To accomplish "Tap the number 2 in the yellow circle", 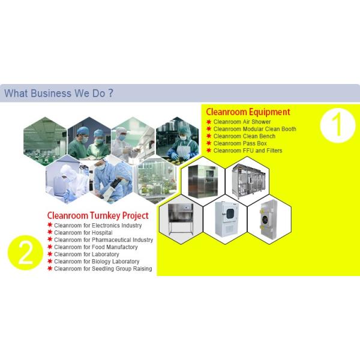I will click(x=25, y=253).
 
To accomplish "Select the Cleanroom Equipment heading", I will click(x=248, y=112).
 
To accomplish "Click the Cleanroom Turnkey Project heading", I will click(x=97, y=215).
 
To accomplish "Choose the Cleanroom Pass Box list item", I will click(x=240, y=143).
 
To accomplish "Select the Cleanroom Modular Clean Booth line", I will click(x=254, y=129).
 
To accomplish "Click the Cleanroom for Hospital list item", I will click(x=75, y=233).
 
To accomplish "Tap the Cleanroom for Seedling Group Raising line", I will click(x=103, y=269).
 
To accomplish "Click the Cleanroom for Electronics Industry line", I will click(x=98, y=226).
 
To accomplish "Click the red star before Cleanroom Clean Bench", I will click(x=209, y=136).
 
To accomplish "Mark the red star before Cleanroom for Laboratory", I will click(x=49, y=254).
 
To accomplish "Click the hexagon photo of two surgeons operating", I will click(x=88, y=139).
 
